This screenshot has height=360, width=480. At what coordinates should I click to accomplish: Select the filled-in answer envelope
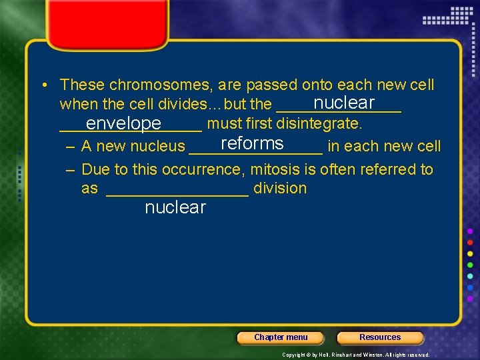[123, 124]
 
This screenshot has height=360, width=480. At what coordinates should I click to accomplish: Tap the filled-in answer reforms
[252, 144]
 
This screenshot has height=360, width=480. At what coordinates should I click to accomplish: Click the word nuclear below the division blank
[175, 207]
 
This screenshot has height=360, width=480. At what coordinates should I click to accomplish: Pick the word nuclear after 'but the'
[344, 103]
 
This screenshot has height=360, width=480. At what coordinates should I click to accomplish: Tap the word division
[280, 189]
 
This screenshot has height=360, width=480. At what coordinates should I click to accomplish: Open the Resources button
[380, 337]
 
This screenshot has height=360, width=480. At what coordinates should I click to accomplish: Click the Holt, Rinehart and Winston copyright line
[356, 355]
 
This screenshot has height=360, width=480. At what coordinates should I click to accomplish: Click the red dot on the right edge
[470, 242]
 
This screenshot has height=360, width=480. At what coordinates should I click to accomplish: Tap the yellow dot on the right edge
[470, 253]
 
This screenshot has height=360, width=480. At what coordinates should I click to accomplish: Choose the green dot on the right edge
[470, 265]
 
